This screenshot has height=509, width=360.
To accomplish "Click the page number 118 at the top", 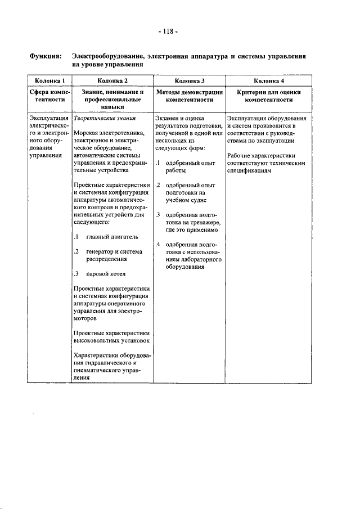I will [x=168, y=31].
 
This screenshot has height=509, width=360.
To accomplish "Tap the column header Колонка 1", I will [x=49, y=81].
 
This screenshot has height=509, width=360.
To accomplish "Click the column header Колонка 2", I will [x=111, y=81].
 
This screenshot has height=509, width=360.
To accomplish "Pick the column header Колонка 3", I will [x=188, y=81].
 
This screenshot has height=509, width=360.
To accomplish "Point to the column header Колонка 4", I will [x=268, y=81].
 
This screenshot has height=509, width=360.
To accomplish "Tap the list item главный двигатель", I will [x=112, y=236].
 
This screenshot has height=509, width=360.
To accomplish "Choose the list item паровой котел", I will [x=106, y=274].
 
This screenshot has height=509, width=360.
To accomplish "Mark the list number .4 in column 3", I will [x=159, y=245].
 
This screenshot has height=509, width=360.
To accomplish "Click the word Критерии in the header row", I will [x=253, y=92].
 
